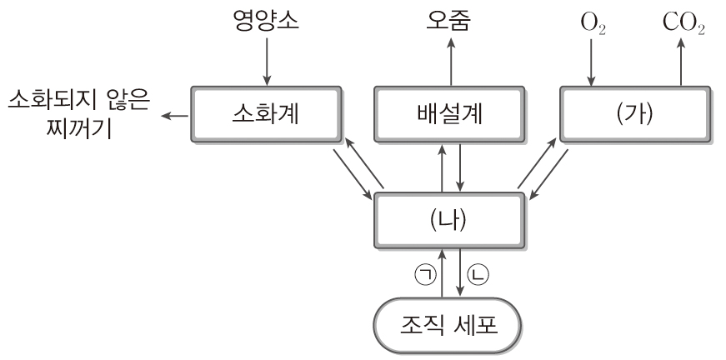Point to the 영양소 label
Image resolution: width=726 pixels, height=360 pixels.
click(265, 17)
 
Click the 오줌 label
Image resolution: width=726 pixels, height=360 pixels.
click(451, 17)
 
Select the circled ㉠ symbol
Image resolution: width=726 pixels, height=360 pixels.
click(426, 274)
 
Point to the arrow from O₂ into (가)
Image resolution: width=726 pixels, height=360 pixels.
click(591, 60)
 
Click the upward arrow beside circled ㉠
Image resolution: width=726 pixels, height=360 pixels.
click(442, 274)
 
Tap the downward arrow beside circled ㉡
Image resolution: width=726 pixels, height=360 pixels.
click(461, 274)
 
